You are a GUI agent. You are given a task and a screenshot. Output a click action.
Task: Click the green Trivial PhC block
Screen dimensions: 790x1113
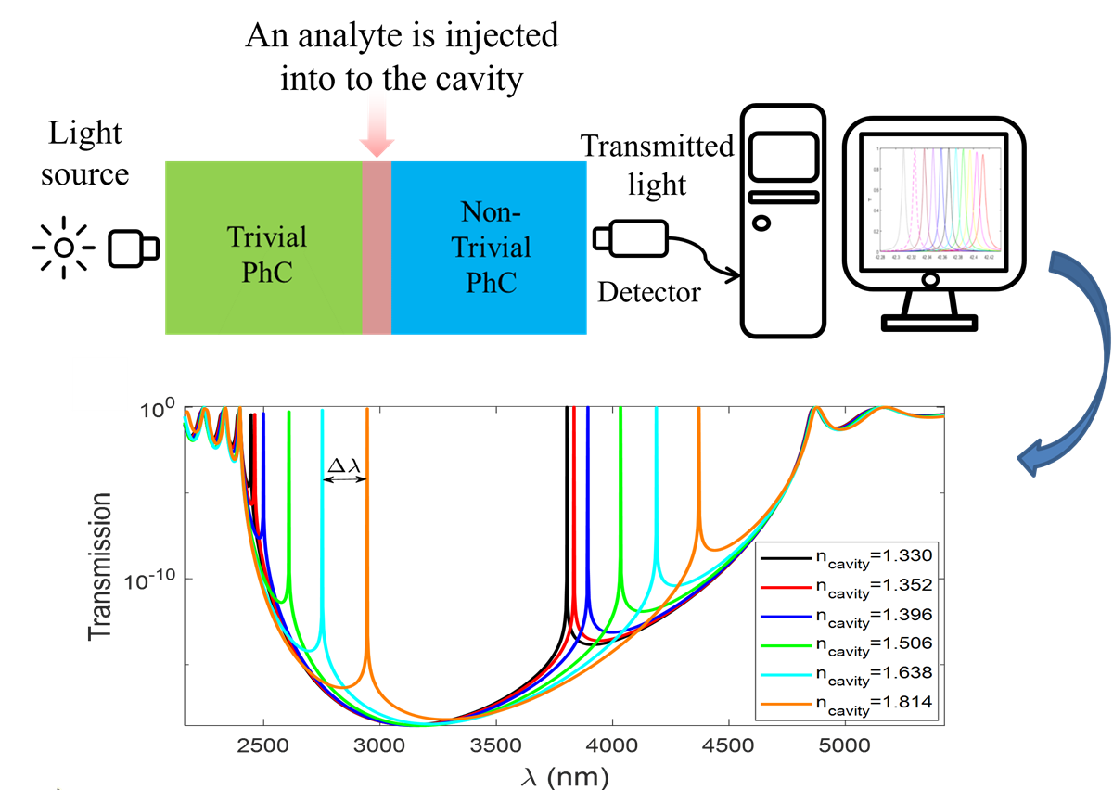pyautogui.click(x=263, y=248)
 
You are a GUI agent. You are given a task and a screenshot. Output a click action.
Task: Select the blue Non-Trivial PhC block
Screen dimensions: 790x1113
pyautogui.click(x=490, y=248)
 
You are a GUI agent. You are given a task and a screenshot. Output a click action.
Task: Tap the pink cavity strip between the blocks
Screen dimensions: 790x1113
pyautogui.click(x=377, y=248)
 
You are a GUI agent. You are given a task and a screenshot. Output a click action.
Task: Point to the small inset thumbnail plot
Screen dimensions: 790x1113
pyautogui.click(x=935, y=202)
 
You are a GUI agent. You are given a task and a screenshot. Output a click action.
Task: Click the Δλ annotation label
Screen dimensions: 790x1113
pyautogui.click(x=344, y=465)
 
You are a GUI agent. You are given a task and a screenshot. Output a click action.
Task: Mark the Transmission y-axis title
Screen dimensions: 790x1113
pyautogui.click(x=99, y=567)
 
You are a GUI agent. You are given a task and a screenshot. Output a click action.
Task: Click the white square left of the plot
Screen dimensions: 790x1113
pyautogui.click(x=99, y=384)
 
